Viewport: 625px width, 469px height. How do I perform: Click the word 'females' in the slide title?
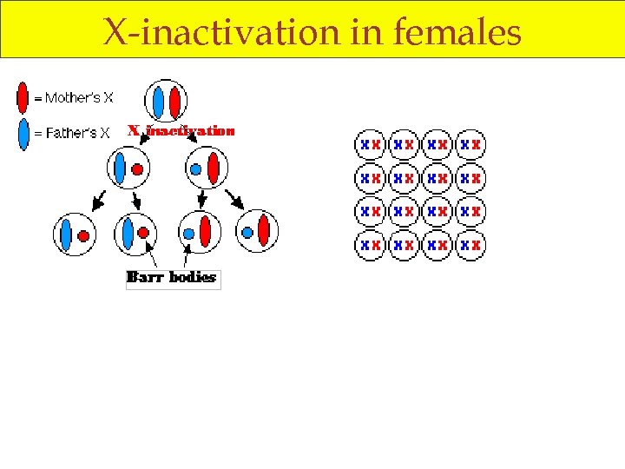coord(457,32)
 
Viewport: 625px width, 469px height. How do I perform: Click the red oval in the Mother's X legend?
coord(23,97)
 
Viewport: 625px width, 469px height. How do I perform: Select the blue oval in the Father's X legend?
coord(23,134)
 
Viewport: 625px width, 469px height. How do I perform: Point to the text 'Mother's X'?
coord(78,98)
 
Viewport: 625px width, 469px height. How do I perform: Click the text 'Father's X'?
coord(77,134)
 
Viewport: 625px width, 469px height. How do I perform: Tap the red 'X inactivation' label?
coord(181,131)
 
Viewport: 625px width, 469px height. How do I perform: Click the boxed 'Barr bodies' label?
coord(172,278)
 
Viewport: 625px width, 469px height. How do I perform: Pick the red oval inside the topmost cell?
coord(174,102)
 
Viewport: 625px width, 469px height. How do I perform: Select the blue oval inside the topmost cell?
coord(159,102)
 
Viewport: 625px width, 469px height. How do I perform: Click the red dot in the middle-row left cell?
coord(137,168)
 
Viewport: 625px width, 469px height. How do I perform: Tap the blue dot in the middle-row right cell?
coord(196,168)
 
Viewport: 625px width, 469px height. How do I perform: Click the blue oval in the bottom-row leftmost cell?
coord(65,234)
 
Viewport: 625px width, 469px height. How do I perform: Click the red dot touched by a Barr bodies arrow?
coord(143,234)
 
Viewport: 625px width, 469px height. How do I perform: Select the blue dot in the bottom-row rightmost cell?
coord(247,233)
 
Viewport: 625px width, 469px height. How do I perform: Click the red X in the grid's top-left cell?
coord(376,144)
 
